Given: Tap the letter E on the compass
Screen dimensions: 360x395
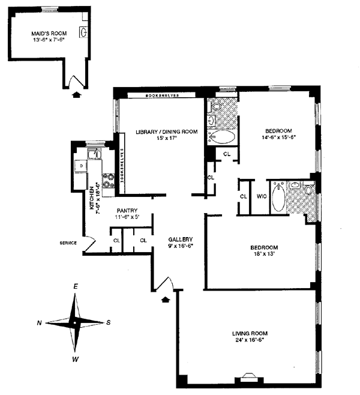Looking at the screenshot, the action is [x=76, y=287].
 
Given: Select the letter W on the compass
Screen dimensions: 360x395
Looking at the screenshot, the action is [x=76, y=360].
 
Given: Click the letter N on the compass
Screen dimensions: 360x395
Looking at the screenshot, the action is [x=39, y=323].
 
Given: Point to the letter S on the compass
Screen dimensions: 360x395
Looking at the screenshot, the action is [x=109, y=322].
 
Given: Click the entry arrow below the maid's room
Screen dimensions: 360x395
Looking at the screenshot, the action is [x=76, y=94].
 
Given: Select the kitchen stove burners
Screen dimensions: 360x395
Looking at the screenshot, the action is [x=109, y=178].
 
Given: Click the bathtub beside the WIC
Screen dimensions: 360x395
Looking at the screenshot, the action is [x=279, y=199].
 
